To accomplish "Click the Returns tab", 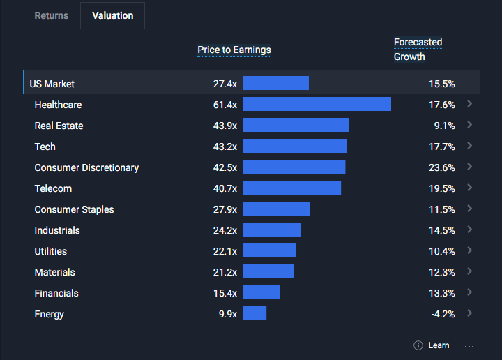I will coord(52,15).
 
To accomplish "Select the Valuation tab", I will coord(112,15).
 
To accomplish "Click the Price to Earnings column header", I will coord(234,50).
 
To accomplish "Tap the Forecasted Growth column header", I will coord(418,50).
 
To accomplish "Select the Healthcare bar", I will coord(317,104).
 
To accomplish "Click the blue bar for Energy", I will coord(254,313).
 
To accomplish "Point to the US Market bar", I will coord(275,83).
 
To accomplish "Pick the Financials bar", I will coord(261,292).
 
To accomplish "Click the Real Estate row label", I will coord(59,126).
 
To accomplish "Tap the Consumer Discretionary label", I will coord(86,167).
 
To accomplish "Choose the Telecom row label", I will coord(53,188).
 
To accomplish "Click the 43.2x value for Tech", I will coord(225,147).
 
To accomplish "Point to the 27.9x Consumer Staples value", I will coord(225,209).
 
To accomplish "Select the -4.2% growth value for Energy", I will coord(443,314).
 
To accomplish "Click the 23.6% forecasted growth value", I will coord(442,167).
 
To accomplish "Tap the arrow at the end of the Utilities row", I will coord(470,250).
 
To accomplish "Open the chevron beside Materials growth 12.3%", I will coord(470,271).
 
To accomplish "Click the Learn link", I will coord(439,345).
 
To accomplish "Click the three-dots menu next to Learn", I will coord(469,345).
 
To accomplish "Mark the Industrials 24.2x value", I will coord(225,230).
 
